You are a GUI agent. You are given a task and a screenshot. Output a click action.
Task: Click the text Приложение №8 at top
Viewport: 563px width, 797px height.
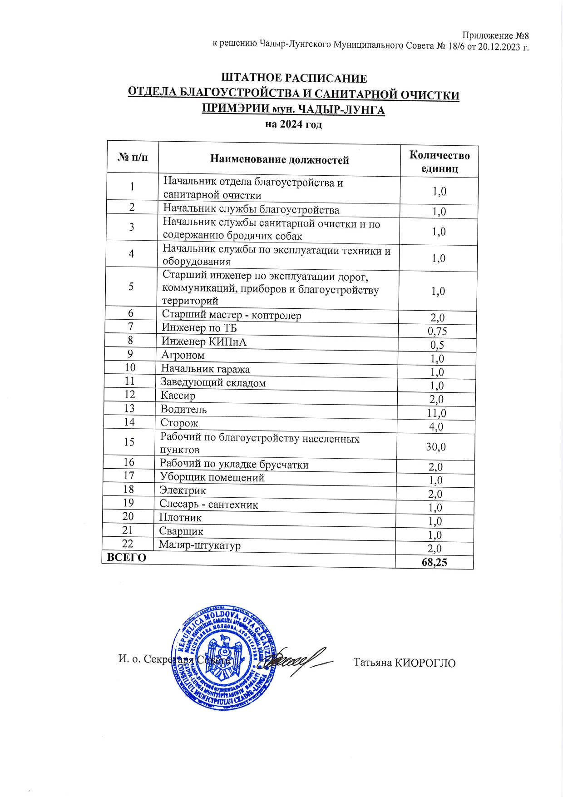pos(495,35)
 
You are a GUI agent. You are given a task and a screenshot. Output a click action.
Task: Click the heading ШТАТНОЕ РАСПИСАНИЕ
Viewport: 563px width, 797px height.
pos(294,79)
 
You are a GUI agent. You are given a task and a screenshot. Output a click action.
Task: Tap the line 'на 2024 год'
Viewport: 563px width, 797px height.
pos(293,124)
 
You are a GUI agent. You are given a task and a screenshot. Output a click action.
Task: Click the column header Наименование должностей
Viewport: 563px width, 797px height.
pos(279,160)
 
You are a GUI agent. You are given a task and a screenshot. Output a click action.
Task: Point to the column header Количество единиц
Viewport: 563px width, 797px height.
pos(439,162)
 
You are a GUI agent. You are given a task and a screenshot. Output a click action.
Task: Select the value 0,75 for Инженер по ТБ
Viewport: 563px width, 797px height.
pos(437,332)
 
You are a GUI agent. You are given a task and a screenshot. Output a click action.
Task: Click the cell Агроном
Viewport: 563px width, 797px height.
pos(183,355)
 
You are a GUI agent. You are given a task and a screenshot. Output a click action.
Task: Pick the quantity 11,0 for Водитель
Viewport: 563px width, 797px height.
pos(436,413)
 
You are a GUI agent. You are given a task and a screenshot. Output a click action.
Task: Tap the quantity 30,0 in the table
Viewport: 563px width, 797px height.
pos(435,447)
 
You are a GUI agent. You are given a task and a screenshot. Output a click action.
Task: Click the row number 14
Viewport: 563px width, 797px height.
pos(129,422)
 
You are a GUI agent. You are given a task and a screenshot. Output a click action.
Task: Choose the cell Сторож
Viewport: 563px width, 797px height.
pos(179,423)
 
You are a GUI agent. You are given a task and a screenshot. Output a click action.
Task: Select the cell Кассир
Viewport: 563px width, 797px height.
pos(178,396)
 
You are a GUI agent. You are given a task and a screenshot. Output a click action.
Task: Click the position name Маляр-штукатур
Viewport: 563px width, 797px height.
pos(200,545)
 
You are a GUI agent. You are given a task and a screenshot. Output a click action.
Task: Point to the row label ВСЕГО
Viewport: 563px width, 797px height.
pos(127,558)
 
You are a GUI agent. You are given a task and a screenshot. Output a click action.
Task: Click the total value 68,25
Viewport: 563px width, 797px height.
pos(434,563)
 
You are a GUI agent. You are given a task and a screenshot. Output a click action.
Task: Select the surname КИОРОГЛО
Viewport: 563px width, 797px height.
pos(425,663)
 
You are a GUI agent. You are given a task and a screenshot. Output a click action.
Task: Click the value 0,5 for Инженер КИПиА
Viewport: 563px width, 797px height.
pos(437,345)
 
